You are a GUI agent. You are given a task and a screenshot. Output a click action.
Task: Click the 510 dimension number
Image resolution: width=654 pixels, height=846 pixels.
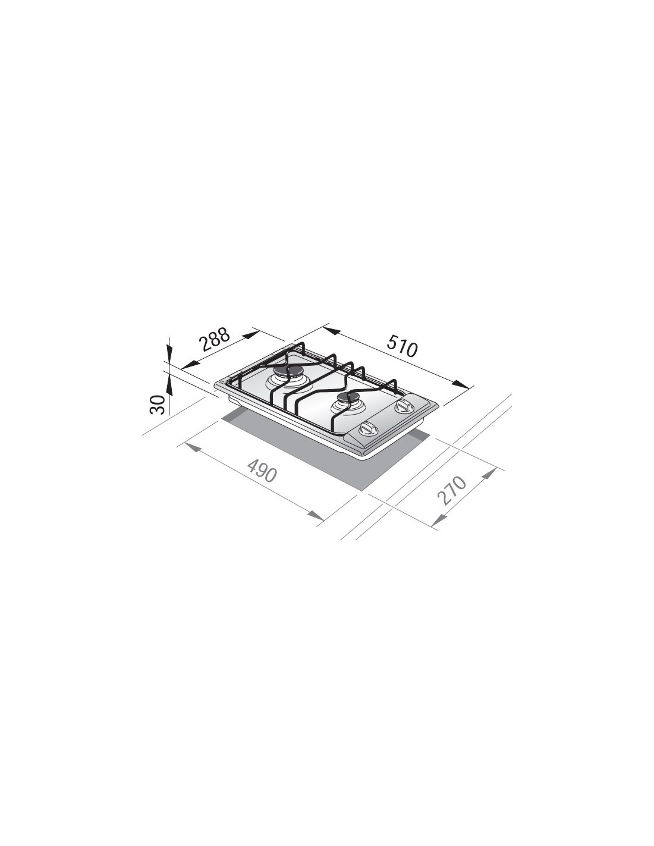point(402,349)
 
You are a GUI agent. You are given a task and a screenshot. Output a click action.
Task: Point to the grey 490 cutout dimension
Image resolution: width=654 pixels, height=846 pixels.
point(262,471)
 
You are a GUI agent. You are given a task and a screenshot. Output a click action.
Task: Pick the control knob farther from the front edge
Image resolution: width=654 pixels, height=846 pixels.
point(404,406)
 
